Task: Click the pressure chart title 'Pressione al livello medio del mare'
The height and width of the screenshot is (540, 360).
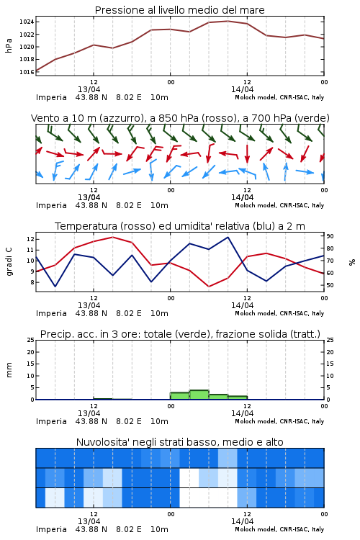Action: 179,10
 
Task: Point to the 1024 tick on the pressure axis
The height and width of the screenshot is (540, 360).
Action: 27,22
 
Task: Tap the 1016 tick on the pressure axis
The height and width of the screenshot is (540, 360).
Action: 27,72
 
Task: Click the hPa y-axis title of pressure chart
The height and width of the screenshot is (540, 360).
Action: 9,45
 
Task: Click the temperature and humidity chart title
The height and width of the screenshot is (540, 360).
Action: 180,226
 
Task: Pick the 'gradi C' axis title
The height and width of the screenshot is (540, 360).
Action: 9,261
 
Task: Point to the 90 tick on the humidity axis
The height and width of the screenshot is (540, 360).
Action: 330,236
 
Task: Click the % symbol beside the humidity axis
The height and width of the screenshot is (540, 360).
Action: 352,262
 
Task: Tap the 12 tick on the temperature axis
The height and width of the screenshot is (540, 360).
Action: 30,239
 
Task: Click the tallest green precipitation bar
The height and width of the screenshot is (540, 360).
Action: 199,395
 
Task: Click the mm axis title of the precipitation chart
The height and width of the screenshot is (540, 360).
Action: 9,370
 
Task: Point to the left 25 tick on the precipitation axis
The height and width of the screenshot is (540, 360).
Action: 30,340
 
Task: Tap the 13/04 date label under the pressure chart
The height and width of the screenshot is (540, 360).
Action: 89,89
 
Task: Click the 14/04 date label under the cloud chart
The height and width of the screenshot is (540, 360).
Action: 242,521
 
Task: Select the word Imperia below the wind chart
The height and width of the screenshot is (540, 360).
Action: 51,205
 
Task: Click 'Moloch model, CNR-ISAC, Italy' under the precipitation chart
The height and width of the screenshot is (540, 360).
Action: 279,421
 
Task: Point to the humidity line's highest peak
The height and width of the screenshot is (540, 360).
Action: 228,238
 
